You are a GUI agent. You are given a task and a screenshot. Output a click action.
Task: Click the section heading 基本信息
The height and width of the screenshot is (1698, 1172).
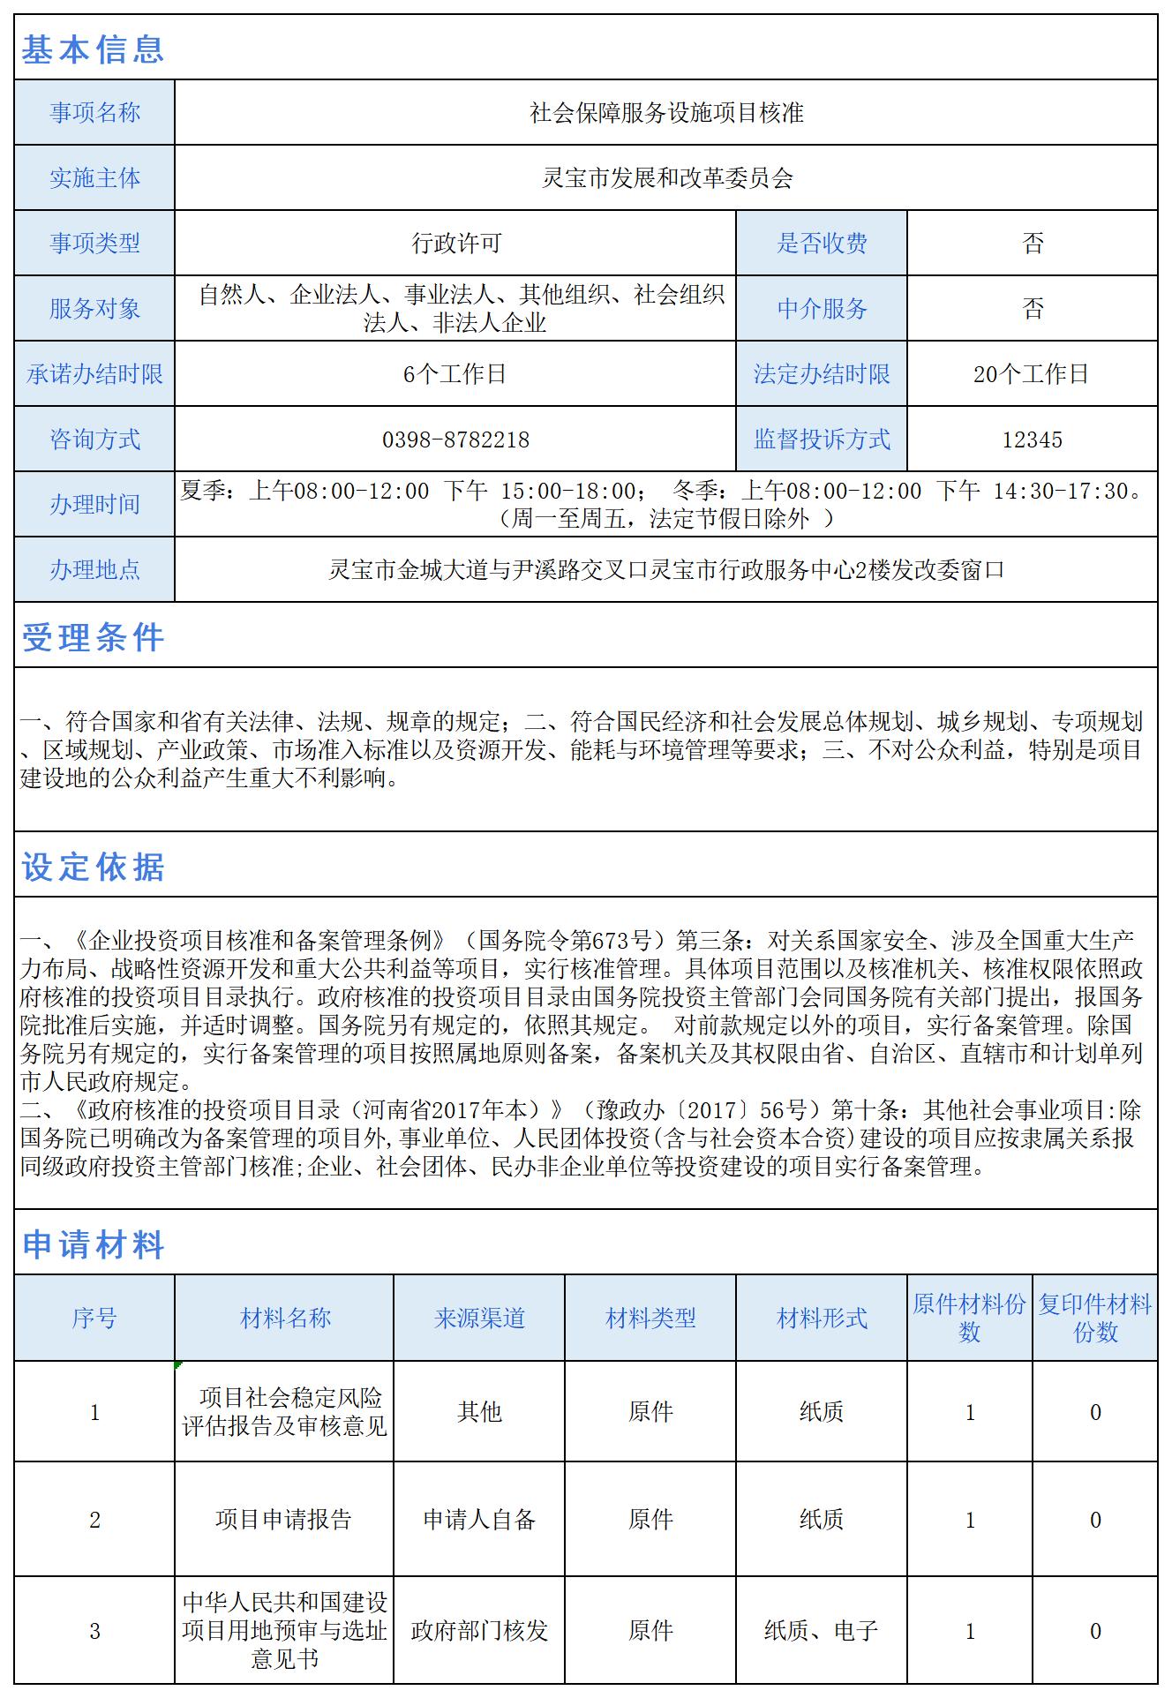(93, 49)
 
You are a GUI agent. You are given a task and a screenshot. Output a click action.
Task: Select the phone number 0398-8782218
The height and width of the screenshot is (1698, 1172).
(455, 440)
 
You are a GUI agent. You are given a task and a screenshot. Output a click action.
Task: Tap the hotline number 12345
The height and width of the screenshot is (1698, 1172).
(1032, 440)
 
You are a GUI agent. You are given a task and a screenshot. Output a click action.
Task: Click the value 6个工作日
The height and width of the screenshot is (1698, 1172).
(455, 374)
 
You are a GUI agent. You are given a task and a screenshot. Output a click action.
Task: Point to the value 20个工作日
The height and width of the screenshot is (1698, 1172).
(1032, 374)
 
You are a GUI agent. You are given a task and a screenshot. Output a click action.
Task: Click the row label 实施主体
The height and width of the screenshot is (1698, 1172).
(94, 178)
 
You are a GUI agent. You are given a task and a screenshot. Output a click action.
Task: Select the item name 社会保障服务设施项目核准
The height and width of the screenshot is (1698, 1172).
(666, 113)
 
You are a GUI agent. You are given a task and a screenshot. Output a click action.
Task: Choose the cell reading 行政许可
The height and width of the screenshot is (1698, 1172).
(455, 244)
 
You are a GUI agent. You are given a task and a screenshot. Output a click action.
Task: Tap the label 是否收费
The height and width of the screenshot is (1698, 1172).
(822, 244)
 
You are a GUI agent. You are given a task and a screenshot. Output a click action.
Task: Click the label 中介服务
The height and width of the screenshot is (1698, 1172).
(822, 309)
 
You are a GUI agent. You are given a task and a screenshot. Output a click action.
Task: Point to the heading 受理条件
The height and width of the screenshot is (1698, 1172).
(93, 637)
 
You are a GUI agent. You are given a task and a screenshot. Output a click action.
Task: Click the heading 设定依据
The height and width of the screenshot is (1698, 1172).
(93, 867)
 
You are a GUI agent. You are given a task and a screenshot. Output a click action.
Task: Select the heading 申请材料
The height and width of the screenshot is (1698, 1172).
(93, 1244)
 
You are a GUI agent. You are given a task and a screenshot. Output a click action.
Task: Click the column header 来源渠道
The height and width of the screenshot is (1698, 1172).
(479, 1319)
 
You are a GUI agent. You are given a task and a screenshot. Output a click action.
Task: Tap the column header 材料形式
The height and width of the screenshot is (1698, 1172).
(822, 1319)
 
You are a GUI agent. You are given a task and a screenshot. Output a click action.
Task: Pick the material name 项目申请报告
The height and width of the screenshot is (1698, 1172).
(284, 1519)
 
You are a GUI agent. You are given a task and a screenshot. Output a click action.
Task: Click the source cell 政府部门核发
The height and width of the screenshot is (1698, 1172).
(479, 1630)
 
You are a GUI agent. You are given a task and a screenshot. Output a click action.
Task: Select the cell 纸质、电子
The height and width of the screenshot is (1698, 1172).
(822, 1630)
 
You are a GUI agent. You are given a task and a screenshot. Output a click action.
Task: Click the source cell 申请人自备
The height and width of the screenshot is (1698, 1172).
(479, 1519)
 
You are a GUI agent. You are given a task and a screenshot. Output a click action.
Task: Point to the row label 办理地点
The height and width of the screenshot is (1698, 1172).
(94, 570)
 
